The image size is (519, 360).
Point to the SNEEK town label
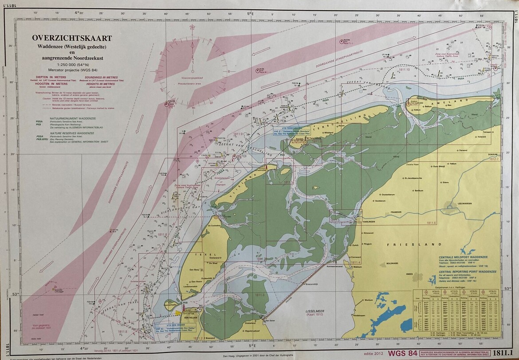tap(409, 274)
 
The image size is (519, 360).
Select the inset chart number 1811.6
tap(431, 223)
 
